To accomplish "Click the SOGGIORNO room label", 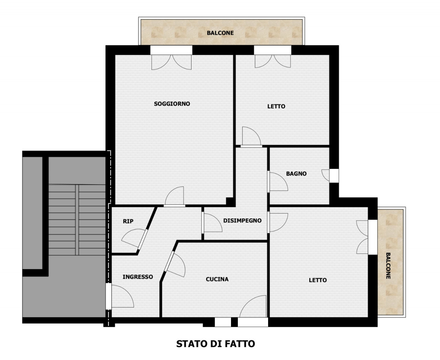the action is (x=172, y=104).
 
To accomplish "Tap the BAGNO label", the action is (x=296, y=174).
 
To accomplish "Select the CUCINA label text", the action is (x=217, y=279).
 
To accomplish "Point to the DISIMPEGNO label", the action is (x=242, y=221).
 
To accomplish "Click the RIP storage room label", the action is (x=128, y=221).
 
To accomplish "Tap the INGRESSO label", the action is (x=138, y=277).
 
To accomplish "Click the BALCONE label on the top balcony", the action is (x=220, y=33).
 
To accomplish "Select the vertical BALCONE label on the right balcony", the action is (x=388, y=266).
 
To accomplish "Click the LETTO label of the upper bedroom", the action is (x=276, y=107).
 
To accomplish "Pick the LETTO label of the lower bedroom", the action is (x=318, y=280).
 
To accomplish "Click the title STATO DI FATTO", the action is (x=216, y=344).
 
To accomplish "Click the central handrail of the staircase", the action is (x=77, y=220).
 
